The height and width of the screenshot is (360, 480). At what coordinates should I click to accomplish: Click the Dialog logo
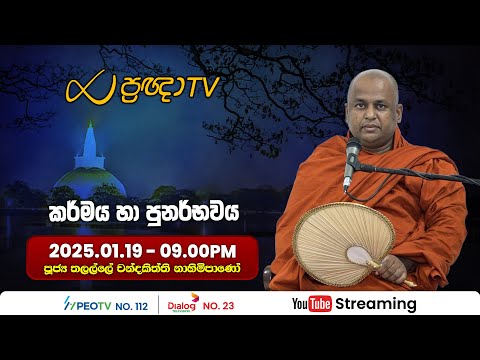(183, 302)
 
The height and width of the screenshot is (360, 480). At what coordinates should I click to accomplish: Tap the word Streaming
(376, 304)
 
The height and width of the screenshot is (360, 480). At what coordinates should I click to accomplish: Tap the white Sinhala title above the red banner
(159, 210)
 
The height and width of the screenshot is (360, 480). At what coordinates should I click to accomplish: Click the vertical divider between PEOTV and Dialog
(159, 304)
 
